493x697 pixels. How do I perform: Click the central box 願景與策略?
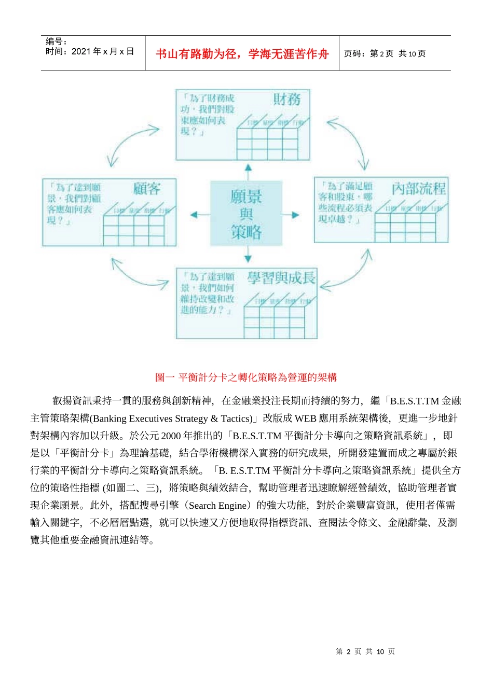(x=246, y=214)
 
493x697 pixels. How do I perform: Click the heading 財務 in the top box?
(x=287, y=99)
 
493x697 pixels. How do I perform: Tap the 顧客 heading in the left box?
(x=146, y=189)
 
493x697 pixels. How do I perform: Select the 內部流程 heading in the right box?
(x=419, y=188)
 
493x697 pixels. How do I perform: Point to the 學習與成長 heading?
(x=281, y=278)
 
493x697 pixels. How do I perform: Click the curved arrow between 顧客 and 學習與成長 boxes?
(x=136, y=274)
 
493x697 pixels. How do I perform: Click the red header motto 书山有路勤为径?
(x=242, y=54)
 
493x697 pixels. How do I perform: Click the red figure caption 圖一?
(x=246, y=377)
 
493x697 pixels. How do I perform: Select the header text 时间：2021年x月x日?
(x=89, y=51)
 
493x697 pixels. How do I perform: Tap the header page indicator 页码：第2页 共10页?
(x=385, y=53)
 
